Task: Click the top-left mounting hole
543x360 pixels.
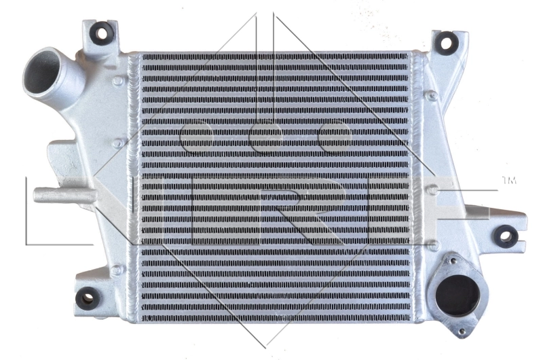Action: (103, 31)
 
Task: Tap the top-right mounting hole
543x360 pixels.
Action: (445, 43)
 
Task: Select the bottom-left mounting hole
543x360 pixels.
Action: (87, 297)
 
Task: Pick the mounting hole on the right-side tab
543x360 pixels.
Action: (505, 236)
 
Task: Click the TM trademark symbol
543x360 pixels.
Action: (508, 181)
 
